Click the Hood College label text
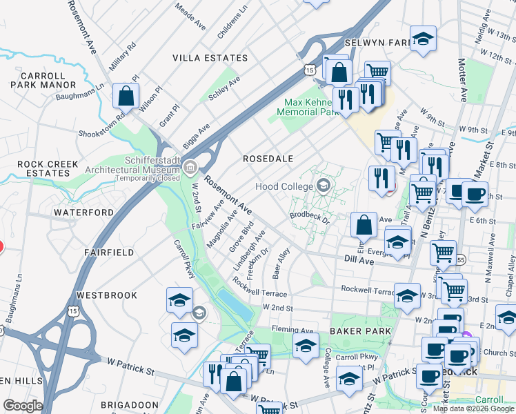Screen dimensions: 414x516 282,186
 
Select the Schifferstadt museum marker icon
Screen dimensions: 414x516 190,167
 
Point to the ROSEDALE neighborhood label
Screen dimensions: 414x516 268,159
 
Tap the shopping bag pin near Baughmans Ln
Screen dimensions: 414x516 126,97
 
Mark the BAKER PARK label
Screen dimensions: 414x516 360,331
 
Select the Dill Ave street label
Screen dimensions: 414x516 359,261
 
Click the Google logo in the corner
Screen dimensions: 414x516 22,406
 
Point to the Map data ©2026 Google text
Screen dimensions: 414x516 474,408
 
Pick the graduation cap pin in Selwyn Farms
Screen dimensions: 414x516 423,39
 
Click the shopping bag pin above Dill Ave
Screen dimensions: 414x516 364,225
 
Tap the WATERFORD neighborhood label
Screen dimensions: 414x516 83,213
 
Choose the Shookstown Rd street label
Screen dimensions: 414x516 103,127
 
